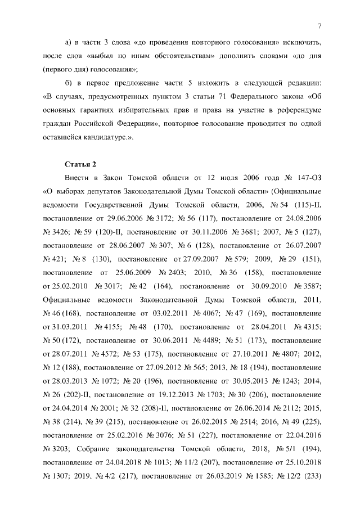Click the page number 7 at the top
tap(319, 26)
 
